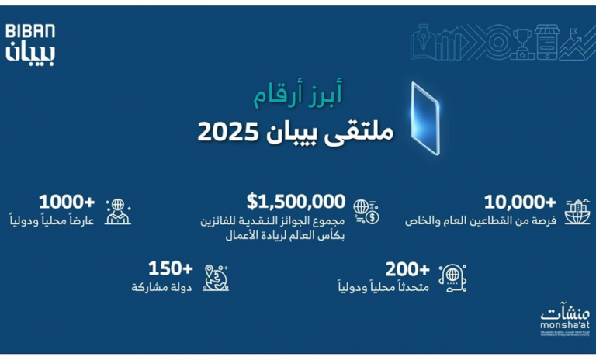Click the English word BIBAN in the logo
30,31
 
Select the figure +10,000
520,202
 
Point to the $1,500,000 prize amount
296,202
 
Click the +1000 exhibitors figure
67,202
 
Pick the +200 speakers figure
408,269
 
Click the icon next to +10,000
577,210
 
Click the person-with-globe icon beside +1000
117,211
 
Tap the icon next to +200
452,277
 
